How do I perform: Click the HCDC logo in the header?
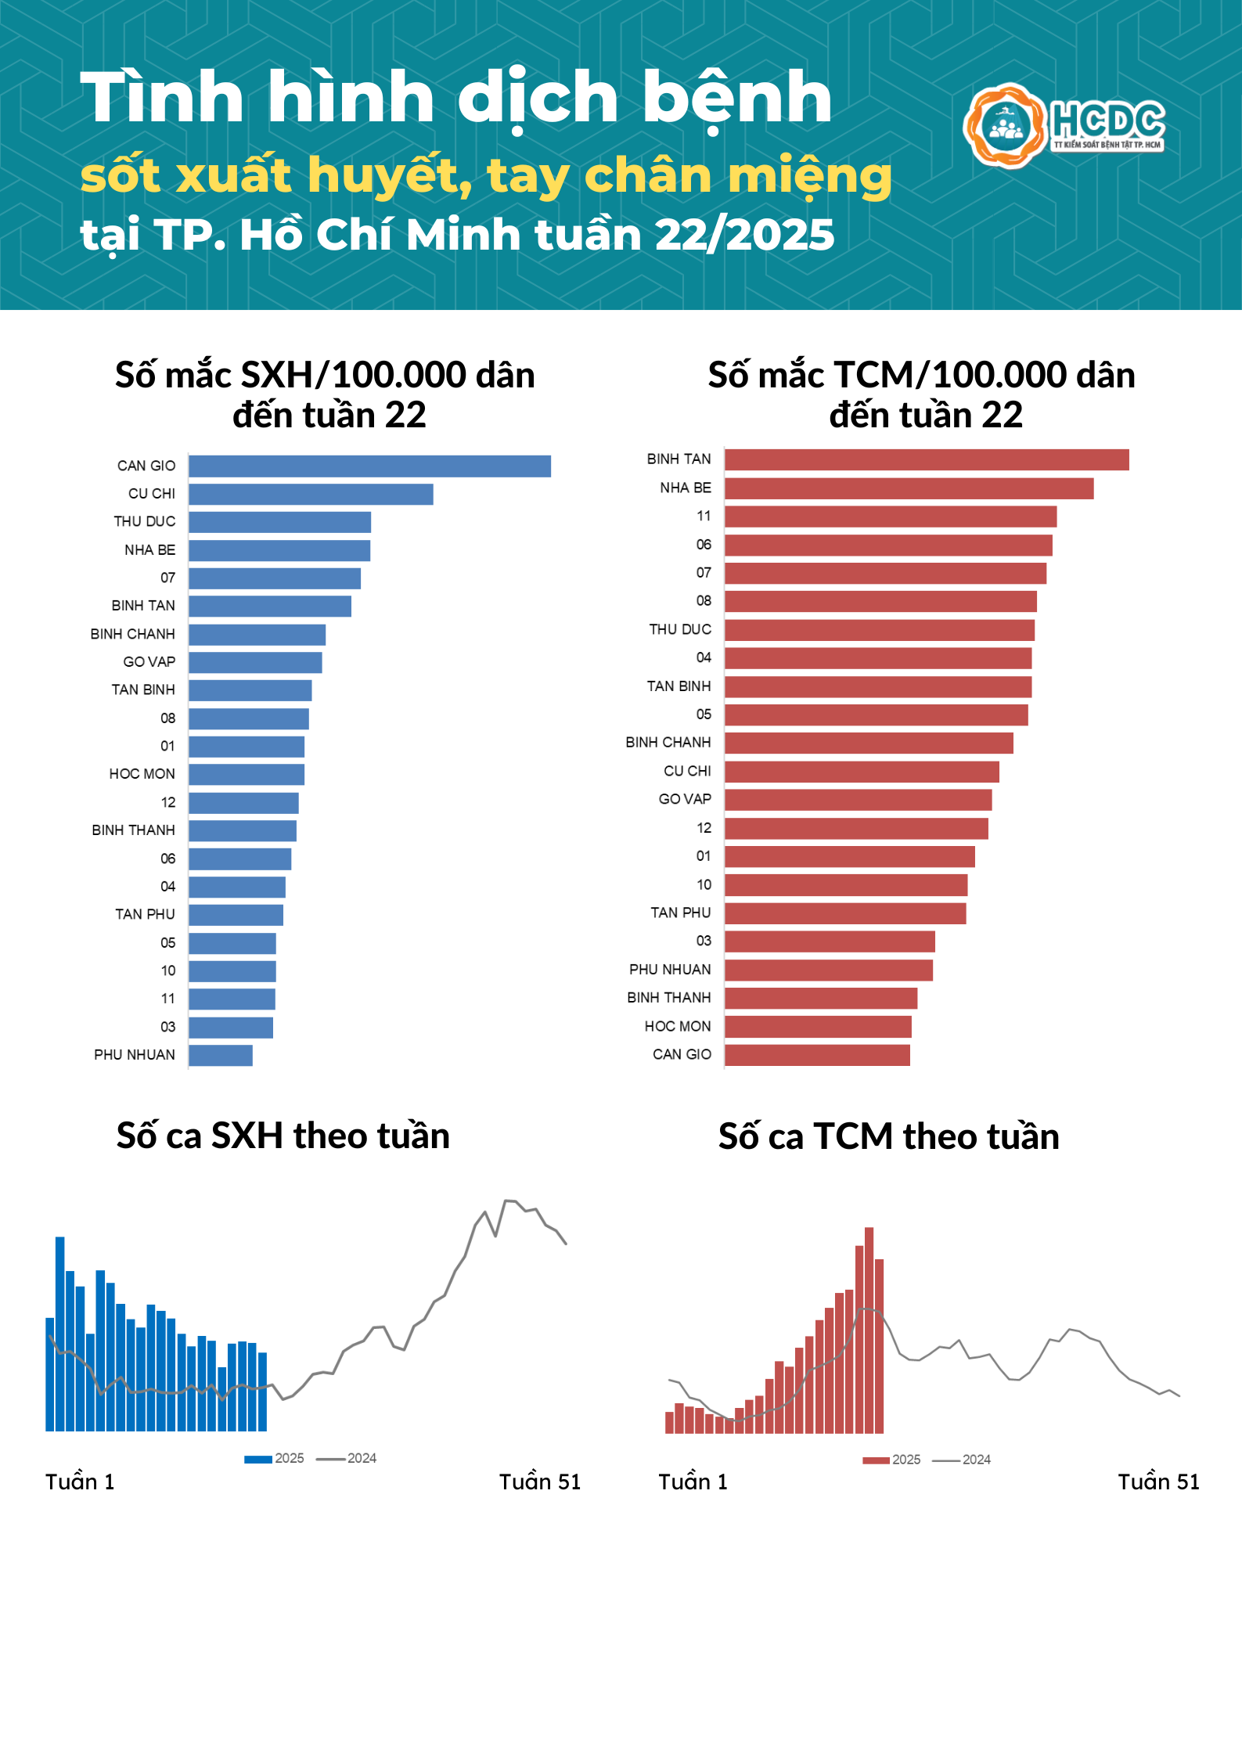(1064, 125)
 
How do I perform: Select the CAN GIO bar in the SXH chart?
(369, 466)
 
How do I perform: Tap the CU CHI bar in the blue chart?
(311, 495)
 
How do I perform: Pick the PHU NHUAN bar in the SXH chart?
(221, 1056)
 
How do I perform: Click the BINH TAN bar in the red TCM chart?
(927, 460)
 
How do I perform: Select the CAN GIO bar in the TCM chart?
(817, 1055)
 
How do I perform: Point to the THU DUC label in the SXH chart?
(145, 522)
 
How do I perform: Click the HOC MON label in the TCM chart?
(678, 1027)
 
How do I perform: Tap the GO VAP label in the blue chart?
(149, 662)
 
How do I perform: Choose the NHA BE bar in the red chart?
(909, 489)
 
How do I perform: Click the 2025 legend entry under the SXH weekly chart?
(275, 1459)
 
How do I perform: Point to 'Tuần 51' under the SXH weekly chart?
(540, 1482)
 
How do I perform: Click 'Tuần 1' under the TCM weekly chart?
(693, 1482)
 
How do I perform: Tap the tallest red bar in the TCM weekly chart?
(869, 1330)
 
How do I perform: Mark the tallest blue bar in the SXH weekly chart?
(60, 1334)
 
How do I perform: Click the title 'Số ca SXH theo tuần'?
(283, 1136)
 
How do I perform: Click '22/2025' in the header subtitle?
(744, 235)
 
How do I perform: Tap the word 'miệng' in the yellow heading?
(810, 176)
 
